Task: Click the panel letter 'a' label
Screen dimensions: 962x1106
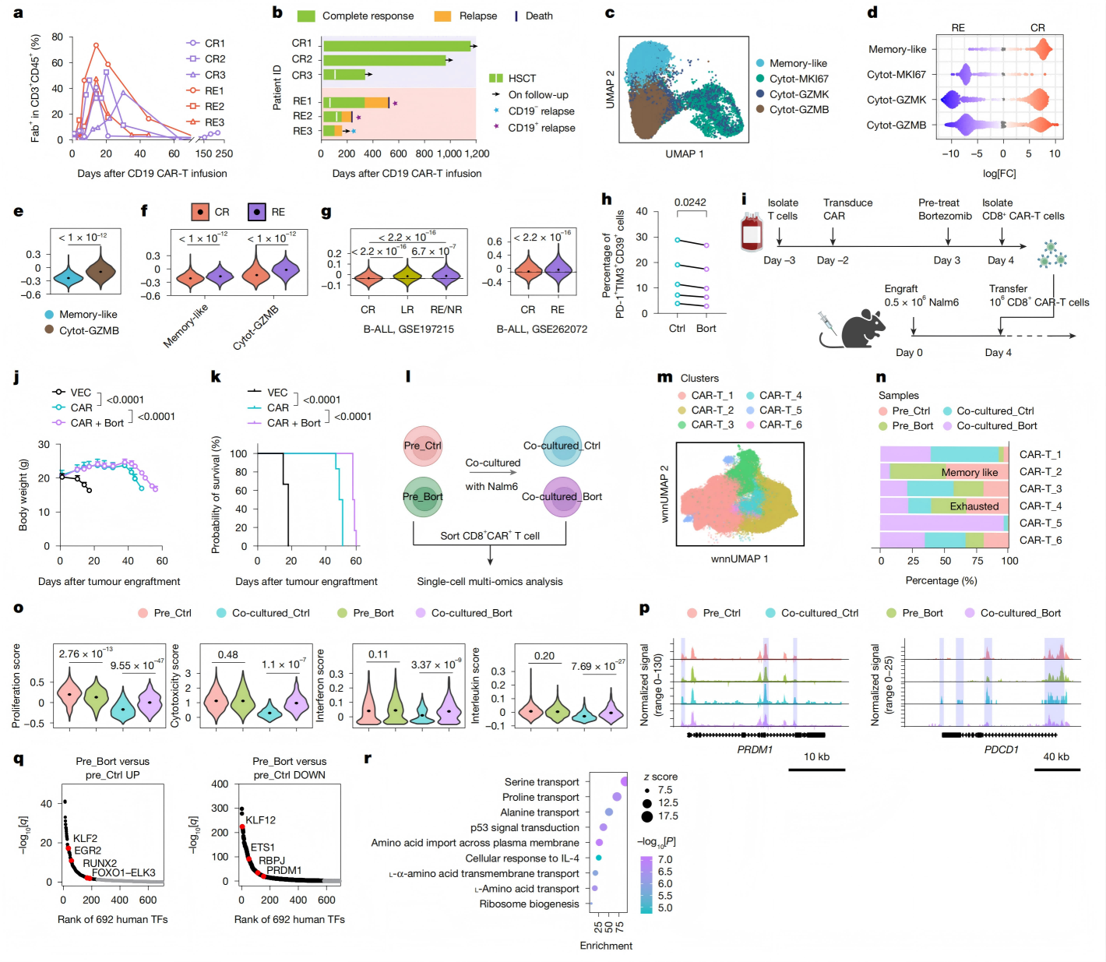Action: (18, 12)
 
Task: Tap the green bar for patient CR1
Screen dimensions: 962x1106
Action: (396, 46)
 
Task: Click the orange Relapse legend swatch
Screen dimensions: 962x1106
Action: (442, 16)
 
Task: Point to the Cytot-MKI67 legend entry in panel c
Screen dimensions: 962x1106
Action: (798, 79)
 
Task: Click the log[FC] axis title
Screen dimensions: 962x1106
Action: (999, 173)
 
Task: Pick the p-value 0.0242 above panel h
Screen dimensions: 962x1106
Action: (690, 203)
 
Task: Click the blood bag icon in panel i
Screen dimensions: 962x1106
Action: (752, 232)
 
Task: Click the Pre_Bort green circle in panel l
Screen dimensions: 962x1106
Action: (423, 497)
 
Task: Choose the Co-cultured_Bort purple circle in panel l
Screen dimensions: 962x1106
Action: (562, 497)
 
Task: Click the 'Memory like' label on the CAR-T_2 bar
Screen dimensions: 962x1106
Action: (969, 472)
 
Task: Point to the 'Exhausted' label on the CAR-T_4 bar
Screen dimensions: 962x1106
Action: (974, 506)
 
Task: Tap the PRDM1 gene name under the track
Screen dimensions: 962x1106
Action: (755, 749)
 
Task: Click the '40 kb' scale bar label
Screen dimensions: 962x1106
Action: (1055, 756)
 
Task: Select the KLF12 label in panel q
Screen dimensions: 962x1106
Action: (260, 820)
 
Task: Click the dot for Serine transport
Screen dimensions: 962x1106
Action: (624, 781)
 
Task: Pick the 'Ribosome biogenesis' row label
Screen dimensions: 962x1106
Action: (529, 904)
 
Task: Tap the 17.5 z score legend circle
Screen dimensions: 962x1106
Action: (647, 816)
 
